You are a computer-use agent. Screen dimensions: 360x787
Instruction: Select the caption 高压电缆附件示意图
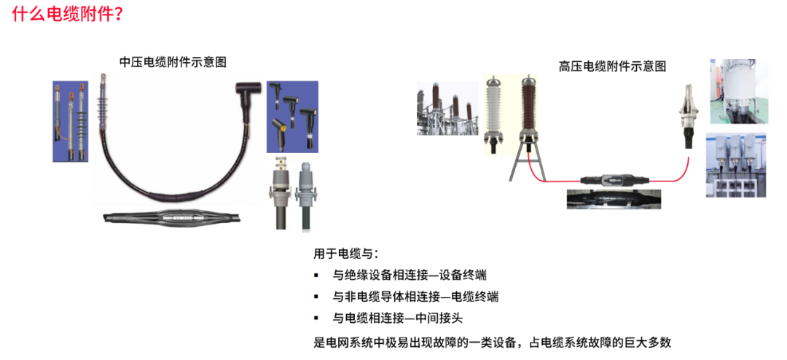612,66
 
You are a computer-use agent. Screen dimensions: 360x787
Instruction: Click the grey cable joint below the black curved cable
172,216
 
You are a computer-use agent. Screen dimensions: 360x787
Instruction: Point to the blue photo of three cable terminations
71,121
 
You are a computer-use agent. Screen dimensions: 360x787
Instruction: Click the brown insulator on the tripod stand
526,109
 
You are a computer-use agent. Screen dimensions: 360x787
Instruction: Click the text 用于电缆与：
346,254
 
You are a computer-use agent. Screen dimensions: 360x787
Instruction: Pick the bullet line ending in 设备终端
410,275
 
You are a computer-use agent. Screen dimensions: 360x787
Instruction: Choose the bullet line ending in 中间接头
398,318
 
